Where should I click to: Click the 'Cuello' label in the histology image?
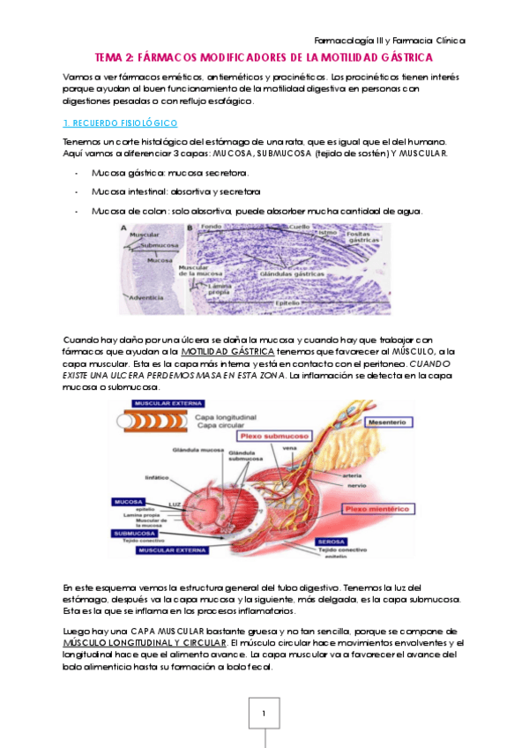coord(325,227)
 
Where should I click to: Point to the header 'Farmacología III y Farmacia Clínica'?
coord(390,41)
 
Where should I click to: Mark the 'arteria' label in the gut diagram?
coord(353,475)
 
